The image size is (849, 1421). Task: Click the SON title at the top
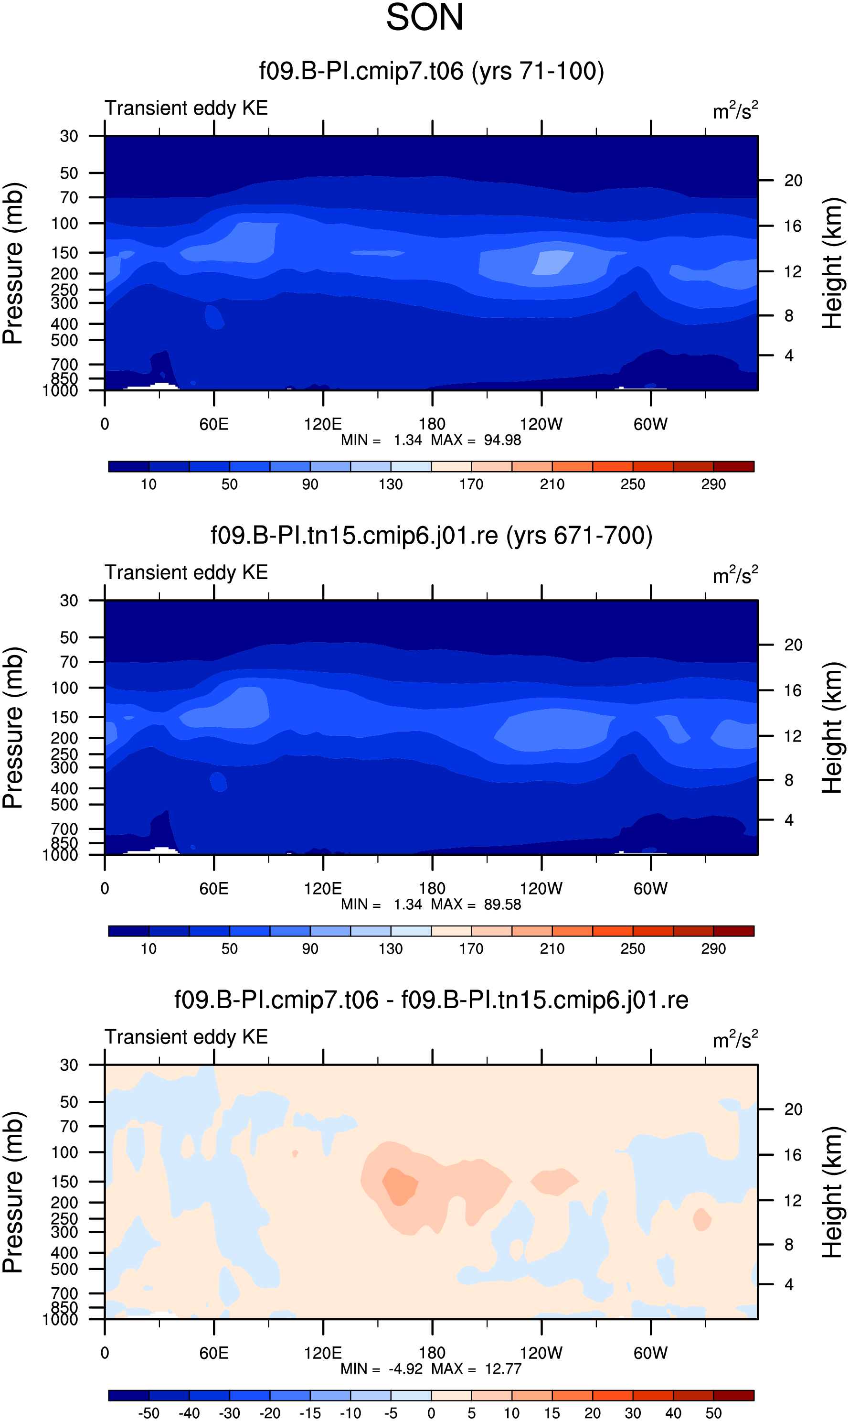pos(424,17)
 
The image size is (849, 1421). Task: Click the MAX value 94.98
pos(502,440)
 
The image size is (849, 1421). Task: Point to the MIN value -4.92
pos(405,1368)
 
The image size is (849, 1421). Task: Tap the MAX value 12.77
pos(503,1368)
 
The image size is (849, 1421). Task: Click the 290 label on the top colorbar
pos(713,484)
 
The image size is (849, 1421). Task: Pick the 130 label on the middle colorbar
pos(391,949)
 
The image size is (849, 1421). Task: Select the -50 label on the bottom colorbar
pos(149,1413)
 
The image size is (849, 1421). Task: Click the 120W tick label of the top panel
pos(541,424)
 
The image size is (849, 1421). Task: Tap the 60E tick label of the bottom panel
pos(214,1353)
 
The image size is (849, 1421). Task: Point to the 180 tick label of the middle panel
pos(432,889)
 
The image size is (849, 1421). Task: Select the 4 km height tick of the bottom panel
pos(789,1284)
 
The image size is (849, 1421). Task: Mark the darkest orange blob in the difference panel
pos(399,1186)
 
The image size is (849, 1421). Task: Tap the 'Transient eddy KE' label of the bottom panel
pos(187,1037)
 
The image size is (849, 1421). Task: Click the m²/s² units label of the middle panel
pos(735,574)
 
